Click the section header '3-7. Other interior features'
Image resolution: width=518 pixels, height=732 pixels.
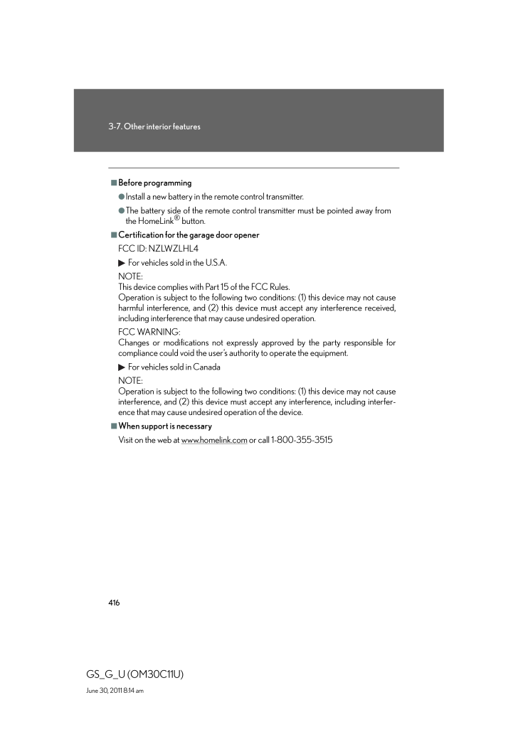click(x=154, y=127)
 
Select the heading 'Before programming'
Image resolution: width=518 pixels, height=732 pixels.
click(x=154, y=183)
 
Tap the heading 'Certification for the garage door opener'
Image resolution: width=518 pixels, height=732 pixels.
click(x=189, y=235)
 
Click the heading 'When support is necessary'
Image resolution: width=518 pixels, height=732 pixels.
click(x=165, y=426)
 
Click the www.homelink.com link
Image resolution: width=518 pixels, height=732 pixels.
click(x=214, y=441)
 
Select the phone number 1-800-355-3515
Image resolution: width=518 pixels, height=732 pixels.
click(x=302, y=441)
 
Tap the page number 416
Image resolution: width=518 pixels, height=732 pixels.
click(x=114, y=603)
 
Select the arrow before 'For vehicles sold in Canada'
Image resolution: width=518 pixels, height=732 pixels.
click(x=121, y=367)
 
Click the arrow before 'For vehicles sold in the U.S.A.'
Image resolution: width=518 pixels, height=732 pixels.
click(x=121, y=263)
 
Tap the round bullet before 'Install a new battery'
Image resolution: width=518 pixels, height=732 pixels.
click(x=122, y=197)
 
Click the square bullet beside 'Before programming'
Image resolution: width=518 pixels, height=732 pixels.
click(x=113, y=183)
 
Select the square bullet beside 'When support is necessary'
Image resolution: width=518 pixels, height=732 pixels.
click(x=113, y=426)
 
